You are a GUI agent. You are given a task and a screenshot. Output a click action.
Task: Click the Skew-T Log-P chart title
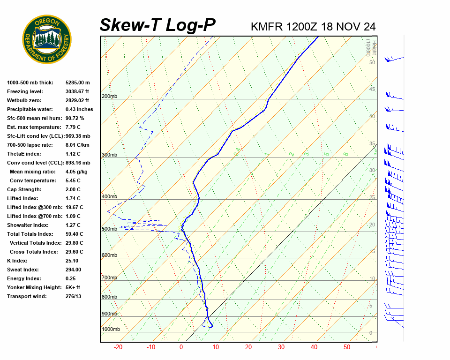(x=157, y=25)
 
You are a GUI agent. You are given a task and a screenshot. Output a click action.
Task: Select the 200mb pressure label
(x=109, y=97)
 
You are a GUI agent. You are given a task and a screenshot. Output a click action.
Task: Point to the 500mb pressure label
(x=109, y=229)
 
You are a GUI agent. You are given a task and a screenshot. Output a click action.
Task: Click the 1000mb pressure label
(x=111, y=330)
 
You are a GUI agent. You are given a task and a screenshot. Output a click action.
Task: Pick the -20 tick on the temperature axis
(x=118, y=347)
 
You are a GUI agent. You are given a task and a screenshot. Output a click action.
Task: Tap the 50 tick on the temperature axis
(x=347, y=347)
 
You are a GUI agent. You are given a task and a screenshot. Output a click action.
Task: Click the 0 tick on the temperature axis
(x=181, y=347)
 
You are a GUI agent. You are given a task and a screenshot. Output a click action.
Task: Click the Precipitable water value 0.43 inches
(x=79, y=109)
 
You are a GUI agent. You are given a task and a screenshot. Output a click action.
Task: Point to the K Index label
(x=17, y=261)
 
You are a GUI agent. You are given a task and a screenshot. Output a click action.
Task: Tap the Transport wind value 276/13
(x=74, y=296)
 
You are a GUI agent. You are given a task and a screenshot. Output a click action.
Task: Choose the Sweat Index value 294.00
(x=73, y=270)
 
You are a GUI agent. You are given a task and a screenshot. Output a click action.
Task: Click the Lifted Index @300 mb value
(x=74, y=207)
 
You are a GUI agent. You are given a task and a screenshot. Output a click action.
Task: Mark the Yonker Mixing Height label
(x=33, y=287)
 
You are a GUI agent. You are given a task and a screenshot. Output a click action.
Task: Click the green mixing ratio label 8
(x=345, y=154)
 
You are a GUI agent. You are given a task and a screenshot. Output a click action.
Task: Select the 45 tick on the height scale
(x=372, y=90)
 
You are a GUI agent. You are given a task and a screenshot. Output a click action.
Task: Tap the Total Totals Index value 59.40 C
(x=74, y=234)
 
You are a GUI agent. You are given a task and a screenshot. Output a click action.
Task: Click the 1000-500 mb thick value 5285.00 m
(x=77, y=82)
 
